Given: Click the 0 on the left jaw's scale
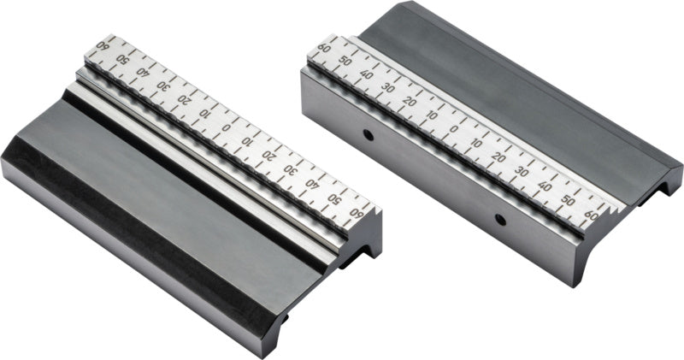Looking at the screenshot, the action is click(226, 128).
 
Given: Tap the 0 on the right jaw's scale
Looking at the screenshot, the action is click(454, 129).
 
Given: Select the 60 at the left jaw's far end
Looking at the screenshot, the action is click(103, 45).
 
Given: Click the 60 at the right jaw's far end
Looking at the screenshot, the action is click(324, 49).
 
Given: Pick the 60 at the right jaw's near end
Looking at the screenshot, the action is click(592, 215).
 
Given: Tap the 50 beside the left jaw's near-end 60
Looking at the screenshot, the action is click(334, 199).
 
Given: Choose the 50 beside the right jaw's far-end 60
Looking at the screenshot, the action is click(345, 62).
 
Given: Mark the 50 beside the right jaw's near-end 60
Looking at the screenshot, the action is click(568, 200).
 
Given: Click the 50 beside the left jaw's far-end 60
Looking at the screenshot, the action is click(121, 58).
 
